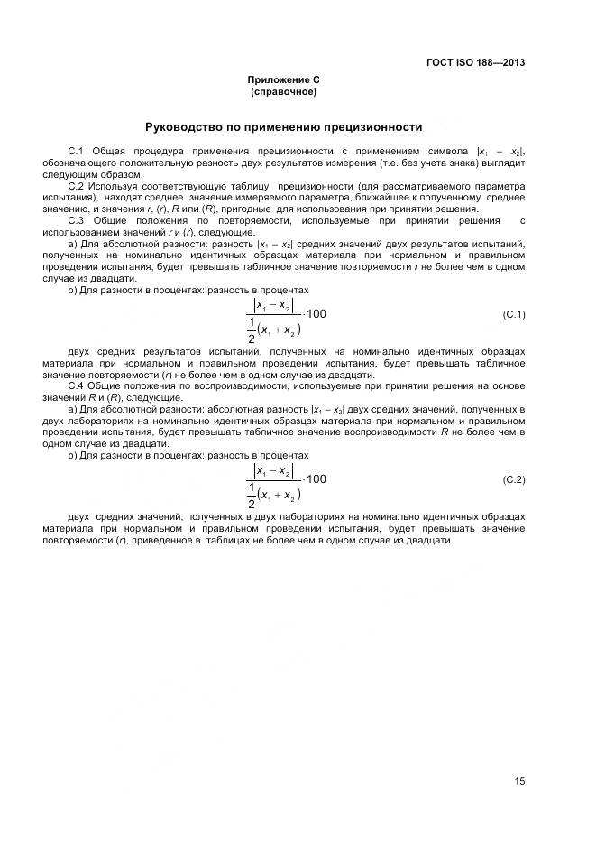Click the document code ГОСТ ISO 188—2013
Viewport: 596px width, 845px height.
(475, 63)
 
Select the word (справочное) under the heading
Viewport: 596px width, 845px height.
(283, 92)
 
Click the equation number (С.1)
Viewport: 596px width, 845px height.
(513, 314)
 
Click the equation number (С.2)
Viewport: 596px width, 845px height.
(513, 479)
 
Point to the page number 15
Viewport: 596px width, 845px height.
(519, 782)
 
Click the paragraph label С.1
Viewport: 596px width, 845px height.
(76, 150)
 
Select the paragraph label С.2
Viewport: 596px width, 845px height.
(76, 186)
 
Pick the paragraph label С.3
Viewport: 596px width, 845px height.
(76, 221)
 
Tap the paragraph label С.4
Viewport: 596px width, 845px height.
(76, 386)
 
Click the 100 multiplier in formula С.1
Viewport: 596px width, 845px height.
(317, 314)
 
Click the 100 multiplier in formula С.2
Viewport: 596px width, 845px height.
(317, 479)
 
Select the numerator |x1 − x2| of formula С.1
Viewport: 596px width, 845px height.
(274, 305)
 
